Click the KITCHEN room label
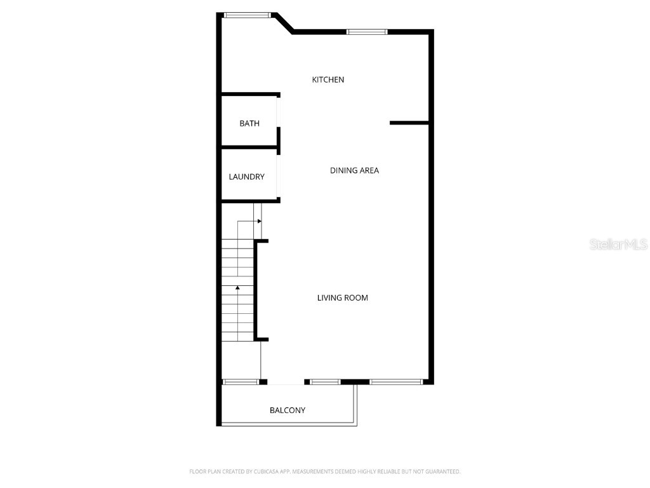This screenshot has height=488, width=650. pos(328,79)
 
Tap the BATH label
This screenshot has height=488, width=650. pos(249,123)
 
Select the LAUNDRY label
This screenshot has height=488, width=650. pos(246,177)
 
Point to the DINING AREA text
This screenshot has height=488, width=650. pos(354,170)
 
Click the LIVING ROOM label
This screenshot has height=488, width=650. pos(342,297)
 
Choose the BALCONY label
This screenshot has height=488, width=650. pos(287,410)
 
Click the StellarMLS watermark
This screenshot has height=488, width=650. pos(618,244)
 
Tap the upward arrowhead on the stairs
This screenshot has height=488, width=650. pos(237,288)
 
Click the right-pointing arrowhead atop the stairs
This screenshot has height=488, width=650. pos(259,221)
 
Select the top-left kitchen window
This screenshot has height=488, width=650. pos(247,15)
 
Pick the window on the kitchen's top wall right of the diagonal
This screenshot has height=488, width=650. pos(366,31)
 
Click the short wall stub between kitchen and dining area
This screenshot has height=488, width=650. pos(409,123)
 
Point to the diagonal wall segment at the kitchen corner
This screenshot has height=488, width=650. pos(283,23)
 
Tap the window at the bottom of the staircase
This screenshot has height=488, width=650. pos(241,382)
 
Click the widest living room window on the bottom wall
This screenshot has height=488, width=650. pos(395,382)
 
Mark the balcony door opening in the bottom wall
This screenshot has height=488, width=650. pos(286,383)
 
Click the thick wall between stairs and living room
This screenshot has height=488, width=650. pos(256,290)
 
